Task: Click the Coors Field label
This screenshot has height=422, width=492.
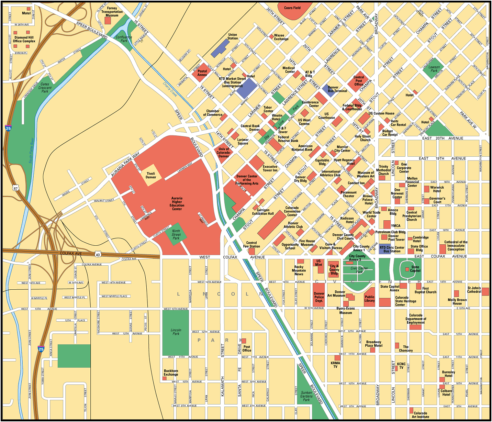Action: [292, 8]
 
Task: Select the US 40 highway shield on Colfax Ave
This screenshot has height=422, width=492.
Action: [98, 254]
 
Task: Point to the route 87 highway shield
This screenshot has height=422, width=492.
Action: [15, 188]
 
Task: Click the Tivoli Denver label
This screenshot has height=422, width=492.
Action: [151, 175]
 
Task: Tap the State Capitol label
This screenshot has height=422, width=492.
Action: [415, 269]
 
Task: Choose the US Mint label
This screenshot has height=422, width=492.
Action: [318, 263]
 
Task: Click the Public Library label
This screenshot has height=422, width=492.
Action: [369, 299]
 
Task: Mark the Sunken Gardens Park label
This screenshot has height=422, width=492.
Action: [306, 396]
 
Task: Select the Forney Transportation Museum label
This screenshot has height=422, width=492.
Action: [112, 12]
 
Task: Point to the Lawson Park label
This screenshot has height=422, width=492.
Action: [434, 69]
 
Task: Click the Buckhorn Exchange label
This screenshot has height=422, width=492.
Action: [171, 373]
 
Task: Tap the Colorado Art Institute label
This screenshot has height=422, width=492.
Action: [421, 415]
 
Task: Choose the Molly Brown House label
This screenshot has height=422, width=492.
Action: [457, 301]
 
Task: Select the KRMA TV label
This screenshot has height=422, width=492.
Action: [335, 365]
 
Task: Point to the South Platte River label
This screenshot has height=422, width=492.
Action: [31, 150]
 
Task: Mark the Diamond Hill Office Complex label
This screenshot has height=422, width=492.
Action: [24, 39]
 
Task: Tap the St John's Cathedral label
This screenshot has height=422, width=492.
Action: [474, 290]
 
